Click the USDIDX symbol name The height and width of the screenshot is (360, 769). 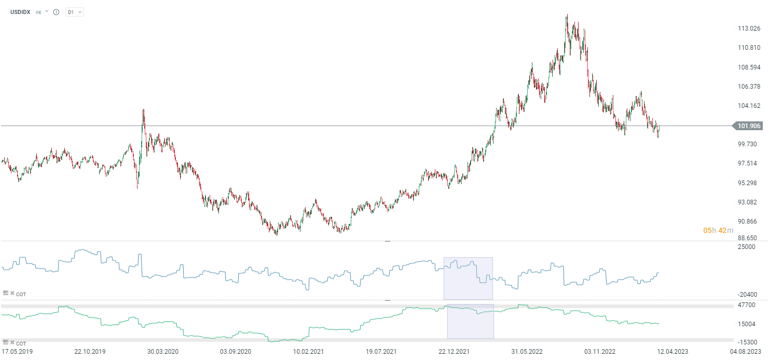(20, 12)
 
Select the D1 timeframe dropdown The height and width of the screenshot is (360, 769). (74, 12)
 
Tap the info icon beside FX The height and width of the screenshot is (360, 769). (56, 12)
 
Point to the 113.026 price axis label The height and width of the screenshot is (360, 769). (749, 28)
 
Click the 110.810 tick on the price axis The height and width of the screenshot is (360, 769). (749, 48)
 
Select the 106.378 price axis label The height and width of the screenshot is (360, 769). (749, 87)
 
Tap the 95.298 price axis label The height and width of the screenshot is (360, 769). (749, 183)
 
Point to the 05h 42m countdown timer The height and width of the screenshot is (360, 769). (718, 230)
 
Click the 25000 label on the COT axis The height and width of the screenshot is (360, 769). (746, 247)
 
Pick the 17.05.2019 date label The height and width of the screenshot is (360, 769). (17, 351)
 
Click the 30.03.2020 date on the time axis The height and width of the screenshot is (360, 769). (162, 351)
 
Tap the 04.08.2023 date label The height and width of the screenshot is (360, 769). (746, 351)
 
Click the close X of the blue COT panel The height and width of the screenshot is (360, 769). (12, 294)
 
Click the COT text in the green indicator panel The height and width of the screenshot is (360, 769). (21, 343)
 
